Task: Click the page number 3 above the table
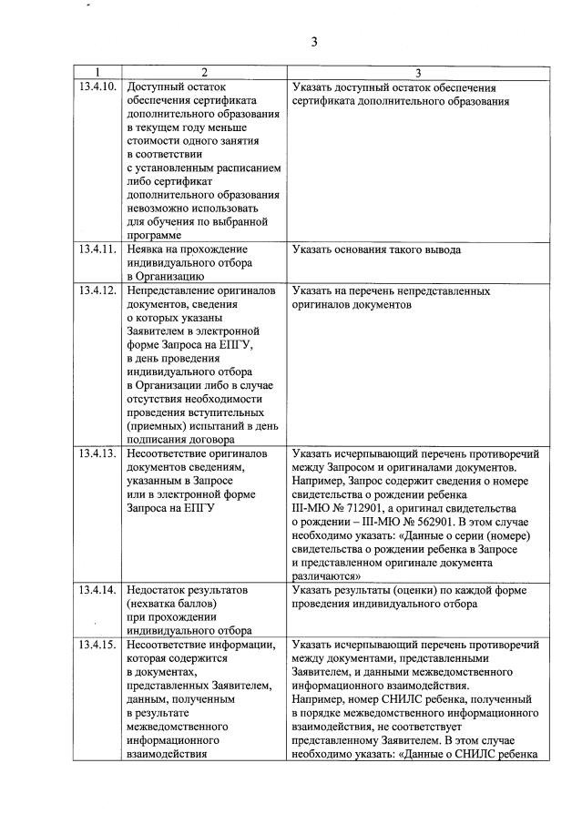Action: [x=314, y=42]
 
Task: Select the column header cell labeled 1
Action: [x=98, y=72]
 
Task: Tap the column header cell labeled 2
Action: [x=204, y=72]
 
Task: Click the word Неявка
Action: [x=149, y=249]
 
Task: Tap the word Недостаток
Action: [x=160, y=589]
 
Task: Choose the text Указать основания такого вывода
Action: [x=377, y=249]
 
